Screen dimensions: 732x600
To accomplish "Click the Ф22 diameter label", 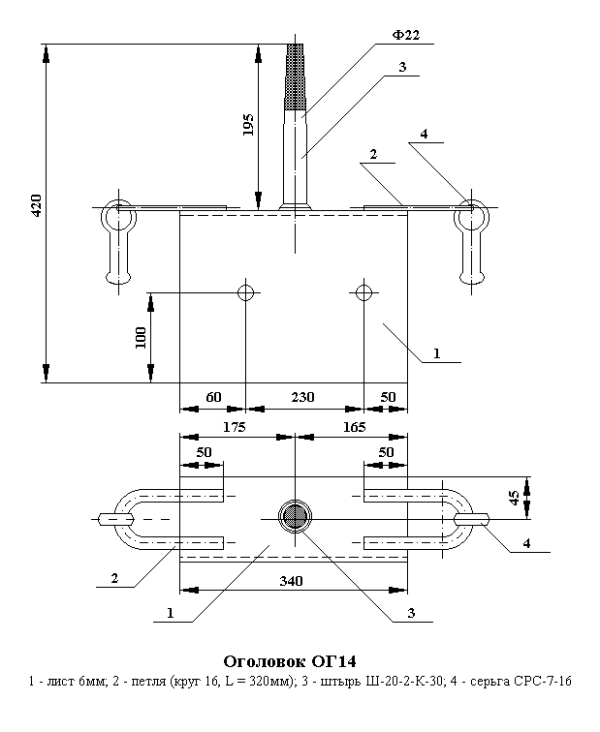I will tap(405, 36).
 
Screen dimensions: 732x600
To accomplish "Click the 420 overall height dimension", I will tap(36, 204).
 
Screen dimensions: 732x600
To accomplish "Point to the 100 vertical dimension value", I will tap(141, 337).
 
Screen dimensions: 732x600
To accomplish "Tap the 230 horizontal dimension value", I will tap(304, 397).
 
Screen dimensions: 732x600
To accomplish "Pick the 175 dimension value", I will tap(234, 426).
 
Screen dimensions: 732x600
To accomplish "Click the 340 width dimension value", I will tap(291, 581).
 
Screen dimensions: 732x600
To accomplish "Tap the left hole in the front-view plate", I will tap(246, 292).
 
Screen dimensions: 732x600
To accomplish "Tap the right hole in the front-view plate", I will tap(363, 292).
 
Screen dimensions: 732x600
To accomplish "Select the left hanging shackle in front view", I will tap(119, 246).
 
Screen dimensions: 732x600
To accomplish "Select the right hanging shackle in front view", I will tap(471, 246).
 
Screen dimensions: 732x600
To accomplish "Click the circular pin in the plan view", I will tap(292, 516).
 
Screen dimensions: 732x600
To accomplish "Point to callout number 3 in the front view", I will tap(401, 68).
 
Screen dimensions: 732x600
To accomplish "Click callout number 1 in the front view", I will tap(436, 354).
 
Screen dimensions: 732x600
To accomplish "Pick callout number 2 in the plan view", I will tap(113, 579).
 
